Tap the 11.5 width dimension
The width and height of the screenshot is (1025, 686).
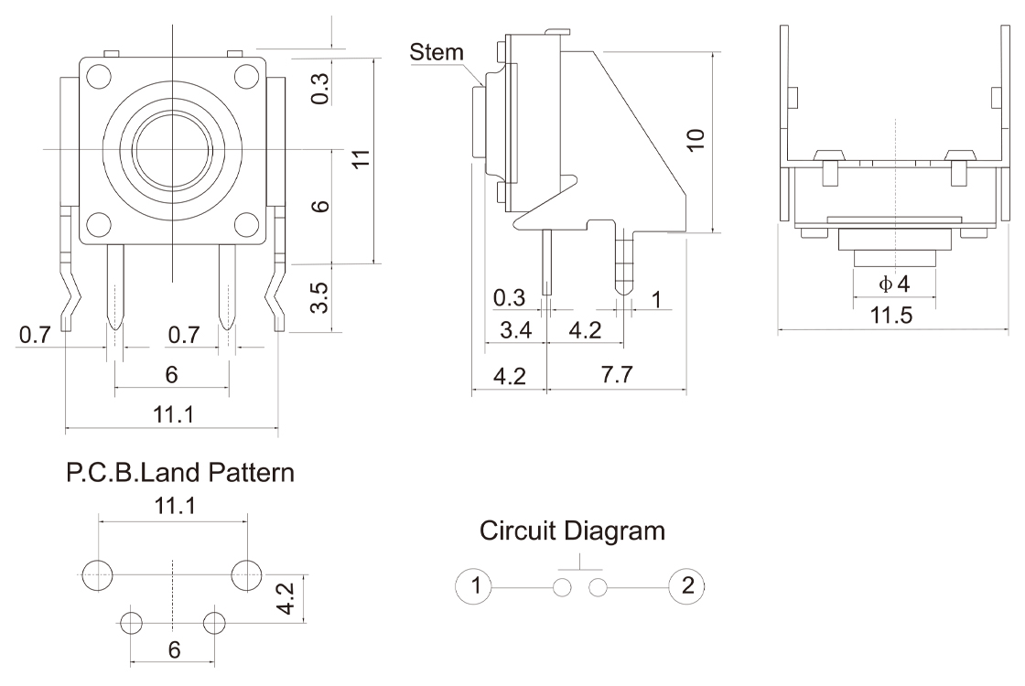point(890,316)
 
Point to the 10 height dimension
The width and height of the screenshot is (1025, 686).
point(696,139)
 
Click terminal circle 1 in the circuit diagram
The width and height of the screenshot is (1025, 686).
point(473,584)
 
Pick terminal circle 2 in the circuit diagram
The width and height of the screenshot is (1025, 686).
point(687,584)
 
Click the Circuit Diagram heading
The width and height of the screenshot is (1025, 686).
point(573,531)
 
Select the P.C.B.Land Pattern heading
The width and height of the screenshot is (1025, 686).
point(180,474)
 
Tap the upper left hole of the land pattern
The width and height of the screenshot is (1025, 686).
point(97,574)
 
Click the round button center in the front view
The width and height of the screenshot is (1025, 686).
point(172,149)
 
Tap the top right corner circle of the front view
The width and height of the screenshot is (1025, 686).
point(244,77)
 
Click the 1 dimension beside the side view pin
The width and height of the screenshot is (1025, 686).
point(655,299)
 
